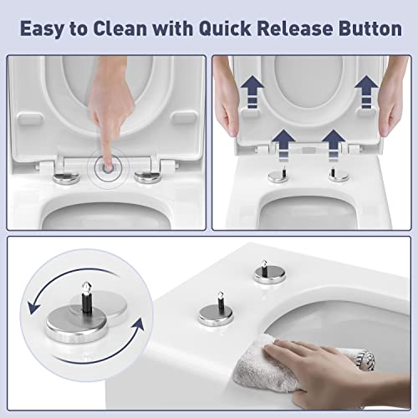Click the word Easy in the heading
coord(42,29)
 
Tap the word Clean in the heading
coord(120,28)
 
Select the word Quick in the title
coord(225,28)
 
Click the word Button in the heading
coord(370,28)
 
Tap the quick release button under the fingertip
coord(108,167)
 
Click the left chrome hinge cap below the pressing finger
coord(66,178)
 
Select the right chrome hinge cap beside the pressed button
coord(148,177)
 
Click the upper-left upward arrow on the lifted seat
coord(252,91)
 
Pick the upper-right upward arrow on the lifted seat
coord(366,91)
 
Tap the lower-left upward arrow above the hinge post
coord(283,145)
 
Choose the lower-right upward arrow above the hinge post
coord(334,145)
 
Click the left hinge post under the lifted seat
coord(278,176)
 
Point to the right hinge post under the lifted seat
coord(338,175)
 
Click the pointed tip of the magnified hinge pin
coord(86,283)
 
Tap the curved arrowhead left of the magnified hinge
coord(33,307)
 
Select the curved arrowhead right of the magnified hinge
coord(138,325)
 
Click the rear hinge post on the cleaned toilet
coord(270,273)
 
